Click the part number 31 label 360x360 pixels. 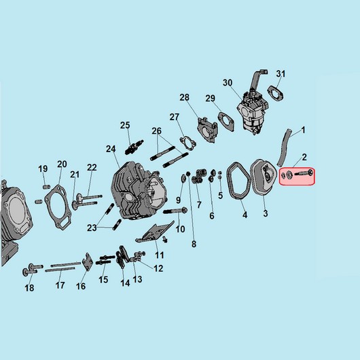click(281, 74)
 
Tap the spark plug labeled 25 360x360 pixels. click(134, 147)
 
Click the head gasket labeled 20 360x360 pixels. click(58, 207)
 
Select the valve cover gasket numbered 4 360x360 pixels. click(239, 181)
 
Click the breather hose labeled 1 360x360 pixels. click(285, 147)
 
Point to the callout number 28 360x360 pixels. click(184, 98)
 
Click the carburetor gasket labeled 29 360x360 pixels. click(226, 122)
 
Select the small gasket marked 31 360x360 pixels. click(275, 93)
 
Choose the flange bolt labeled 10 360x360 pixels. click(175, 211)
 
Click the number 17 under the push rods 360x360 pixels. click(60, 285)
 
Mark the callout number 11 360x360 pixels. click(160, 255)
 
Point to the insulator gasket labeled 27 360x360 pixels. click(188, 143)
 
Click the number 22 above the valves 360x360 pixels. click(92, 168)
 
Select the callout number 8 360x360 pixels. click(194, 244)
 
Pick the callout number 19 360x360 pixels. click(43, 168)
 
